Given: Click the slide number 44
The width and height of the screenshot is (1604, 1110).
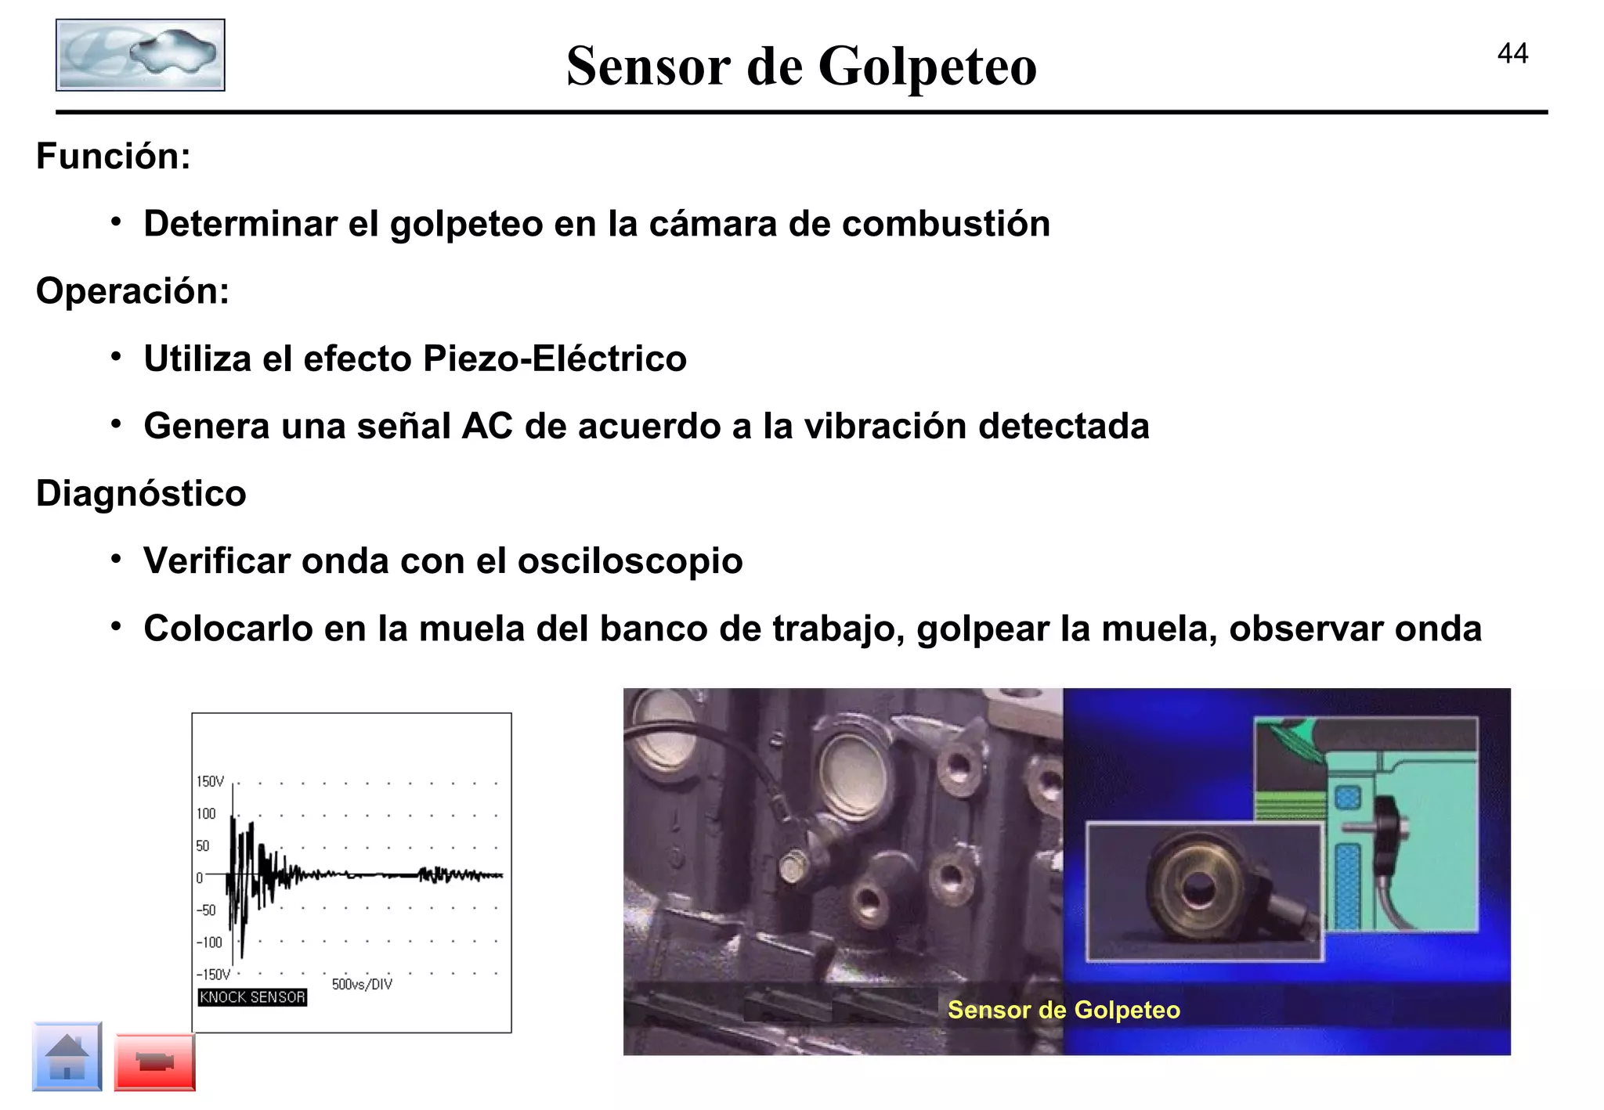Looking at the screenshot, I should (x=1512, y=53).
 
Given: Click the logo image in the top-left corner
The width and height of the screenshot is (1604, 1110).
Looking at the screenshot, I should (x=140, y=55).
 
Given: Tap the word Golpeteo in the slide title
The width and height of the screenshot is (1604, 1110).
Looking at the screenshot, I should (x=927, y=67).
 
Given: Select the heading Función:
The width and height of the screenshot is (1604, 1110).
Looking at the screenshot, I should (x=114, y=156).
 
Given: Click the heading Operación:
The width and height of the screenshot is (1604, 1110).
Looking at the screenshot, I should (x=132, y=291).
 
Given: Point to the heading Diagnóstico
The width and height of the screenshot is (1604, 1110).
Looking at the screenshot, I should (x=141, y=493).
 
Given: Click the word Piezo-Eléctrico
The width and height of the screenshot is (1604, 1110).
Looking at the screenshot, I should (x=555, y=359).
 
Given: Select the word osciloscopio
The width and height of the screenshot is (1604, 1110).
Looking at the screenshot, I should (x=630, y=560).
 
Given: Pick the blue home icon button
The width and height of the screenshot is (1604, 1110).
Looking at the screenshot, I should (x=67, y=1056).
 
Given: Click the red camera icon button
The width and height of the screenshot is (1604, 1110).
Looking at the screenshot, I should (x=154, y=1061).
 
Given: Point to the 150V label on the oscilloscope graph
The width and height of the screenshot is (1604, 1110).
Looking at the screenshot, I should (x=210, y=781).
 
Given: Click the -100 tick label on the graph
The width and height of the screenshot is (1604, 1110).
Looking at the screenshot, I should (x=209, y=942).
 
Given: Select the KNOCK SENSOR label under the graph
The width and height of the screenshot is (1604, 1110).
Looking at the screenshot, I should (x=251, y=997).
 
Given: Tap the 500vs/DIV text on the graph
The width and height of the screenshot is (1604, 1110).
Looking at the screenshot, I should (x=362, y=984).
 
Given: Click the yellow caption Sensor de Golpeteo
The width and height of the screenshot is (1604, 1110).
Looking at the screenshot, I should (x=1063, y=1010).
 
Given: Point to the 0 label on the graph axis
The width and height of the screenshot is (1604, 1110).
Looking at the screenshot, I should (x=199, y=878).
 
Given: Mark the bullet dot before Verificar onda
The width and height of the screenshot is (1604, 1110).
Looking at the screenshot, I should (x=116, y=560).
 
